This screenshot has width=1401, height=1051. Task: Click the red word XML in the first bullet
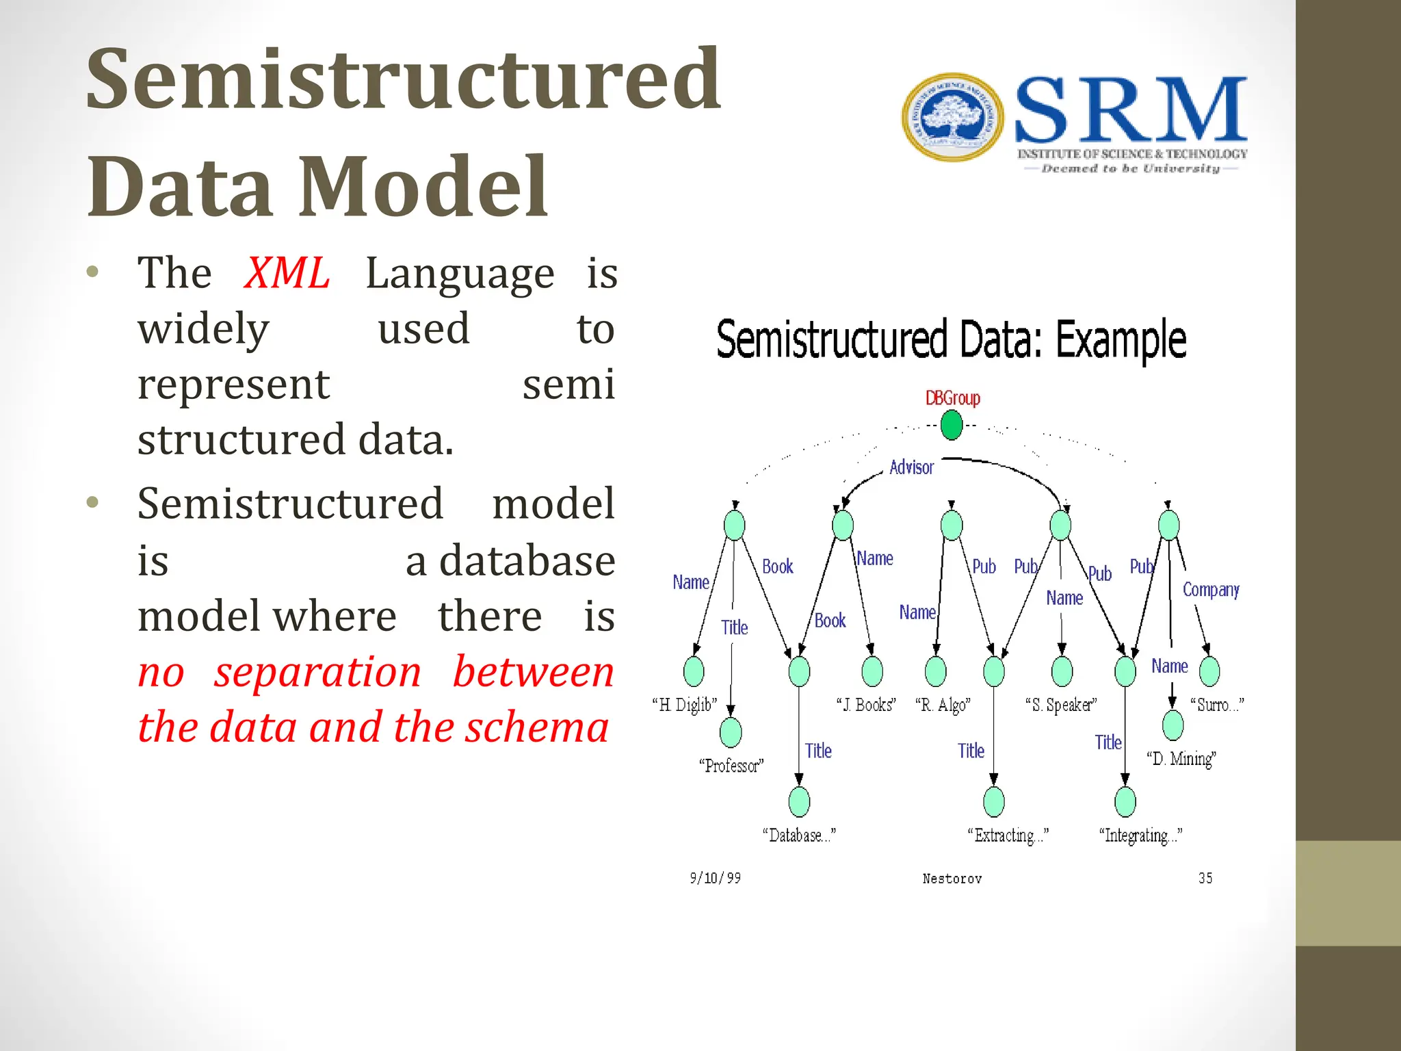click(x=287, y=273)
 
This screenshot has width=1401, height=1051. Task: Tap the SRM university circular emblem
click(x=953, y=118)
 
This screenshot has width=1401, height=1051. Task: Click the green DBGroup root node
click(x=952, y=426)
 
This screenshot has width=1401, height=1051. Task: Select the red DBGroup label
click(x=952, y=398)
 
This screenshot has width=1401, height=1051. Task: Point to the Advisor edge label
click(x=911, y=467)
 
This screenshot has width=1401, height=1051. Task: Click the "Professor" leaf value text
click(x=731, y=766)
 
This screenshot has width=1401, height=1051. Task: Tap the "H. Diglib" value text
click(x=685, y=705)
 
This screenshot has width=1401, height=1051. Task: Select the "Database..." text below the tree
click(x=799, y=835)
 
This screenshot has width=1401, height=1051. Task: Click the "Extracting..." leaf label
click(x=1008, y=835)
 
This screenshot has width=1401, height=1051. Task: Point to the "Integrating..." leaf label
click(x=1140, y=835)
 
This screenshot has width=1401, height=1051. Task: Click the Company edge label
click(x=1211, y=590)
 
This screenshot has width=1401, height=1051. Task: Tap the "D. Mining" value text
click(x=1181, y=759)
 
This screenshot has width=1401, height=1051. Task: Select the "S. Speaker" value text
click(x=1061, y=705)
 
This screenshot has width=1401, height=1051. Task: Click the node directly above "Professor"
click(x=731, y=732)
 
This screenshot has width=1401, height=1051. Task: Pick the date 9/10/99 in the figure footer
click(x=715, y=878)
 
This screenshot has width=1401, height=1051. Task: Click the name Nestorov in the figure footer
click(x=952, y=879)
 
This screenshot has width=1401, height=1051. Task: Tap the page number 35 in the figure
click(x=1205, y=878)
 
